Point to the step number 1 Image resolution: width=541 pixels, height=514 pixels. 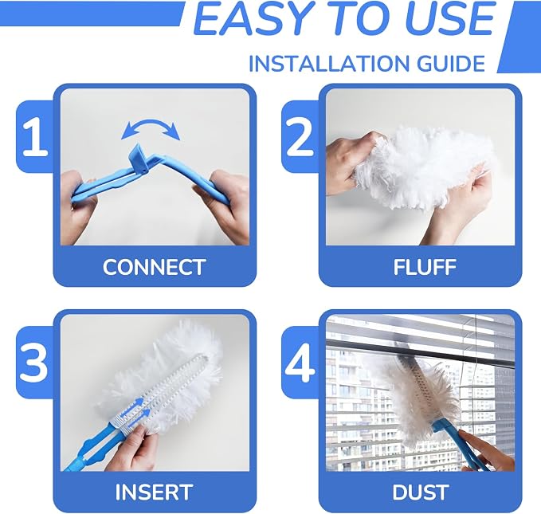tap(35, 137)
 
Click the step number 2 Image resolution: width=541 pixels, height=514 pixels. tap(300, 137)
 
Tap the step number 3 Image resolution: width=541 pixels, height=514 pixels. tap(33, 362)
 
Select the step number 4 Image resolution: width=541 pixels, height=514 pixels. tap(300, 362)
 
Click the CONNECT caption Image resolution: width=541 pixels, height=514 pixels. tap(155, 267)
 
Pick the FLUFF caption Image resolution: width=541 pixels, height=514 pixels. tap(425, 267)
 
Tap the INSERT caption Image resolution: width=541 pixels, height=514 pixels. tap(154, 492)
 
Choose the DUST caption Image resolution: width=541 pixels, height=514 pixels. tap(421, 492)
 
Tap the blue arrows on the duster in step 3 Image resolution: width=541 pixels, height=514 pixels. tap(137, 408)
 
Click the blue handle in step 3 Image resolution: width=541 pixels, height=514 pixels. tap(93, 449)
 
